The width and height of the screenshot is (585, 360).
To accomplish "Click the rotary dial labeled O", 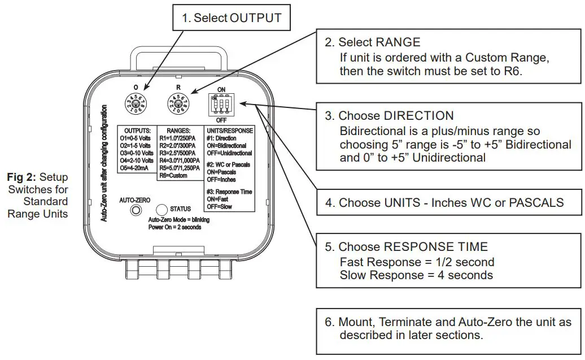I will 136,104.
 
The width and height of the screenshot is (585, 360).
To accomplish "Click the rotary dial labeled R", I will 179,104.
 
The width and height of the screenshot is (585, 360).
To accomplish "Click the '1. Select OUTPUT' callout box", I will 232,18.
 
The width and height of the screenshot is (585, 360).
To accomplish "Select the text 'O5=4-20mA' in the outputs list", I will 135,168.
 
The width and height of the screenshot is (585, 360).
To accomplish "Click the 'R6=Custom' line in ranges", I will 173,176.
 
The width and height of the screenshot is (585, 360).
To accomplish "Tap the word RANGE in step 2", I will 398,42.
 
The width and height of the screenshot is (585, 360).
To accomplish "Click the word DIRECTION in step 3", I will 418,116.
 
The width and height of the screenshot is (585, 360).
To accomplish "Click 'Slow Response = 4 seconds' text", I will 416,275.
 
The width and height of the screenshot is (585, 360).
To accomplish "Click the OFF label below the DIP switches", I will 222,121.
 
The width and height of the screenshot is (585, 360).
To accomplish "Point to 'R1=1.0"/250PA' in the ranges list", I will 180,138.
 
